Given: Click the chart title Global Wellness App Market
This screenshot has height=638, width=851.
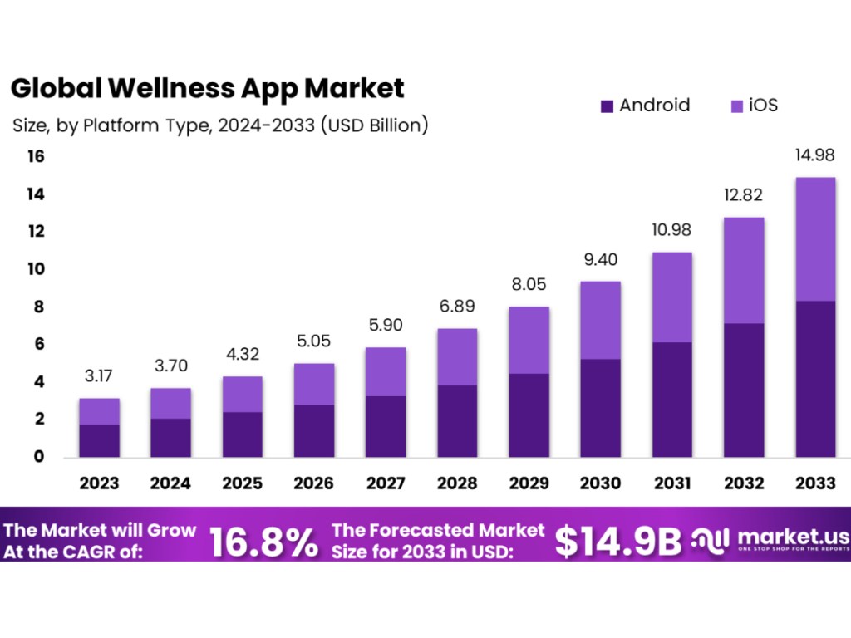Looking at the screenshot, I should (x=207, y=88).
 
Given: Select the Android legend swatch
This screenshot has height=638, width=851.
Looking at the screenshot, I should (x=607, y=106).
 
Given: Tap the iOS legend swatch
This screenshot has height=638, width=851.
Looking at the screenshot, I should (x=737, y=106).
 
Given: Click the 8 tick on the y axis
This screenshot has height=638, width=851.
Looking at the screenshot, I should (x=37, y=307).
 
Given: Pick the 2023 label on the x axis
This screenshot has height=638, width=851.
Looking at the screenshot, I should (x=99, y=483).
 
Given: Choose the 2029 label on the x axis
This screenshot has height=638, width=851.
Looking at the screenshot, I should (x=529, y=483).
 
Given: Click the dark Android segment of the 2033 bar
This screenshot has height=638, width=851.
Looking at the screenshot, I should (x=815, y=379).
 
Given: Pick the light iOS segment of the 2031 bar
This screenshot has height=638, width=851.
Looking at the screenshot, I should (x=671, y=297).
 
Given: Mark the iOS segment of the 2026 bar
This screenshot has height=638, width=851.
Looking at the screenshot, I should (x=314, y=384).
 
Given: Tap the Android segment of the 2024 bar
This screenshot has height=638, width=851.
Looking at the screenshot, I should (x=170, y=437).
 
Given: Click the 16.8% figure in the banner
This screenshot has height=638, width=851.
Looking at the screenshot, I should (x=263, y=542).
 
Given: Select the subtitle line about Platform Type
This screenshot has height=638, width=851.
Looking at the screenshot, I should (x=220, y=125).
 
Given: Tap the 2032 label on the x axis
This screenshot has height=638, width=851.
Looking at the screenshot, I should (x=743, y=483).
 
